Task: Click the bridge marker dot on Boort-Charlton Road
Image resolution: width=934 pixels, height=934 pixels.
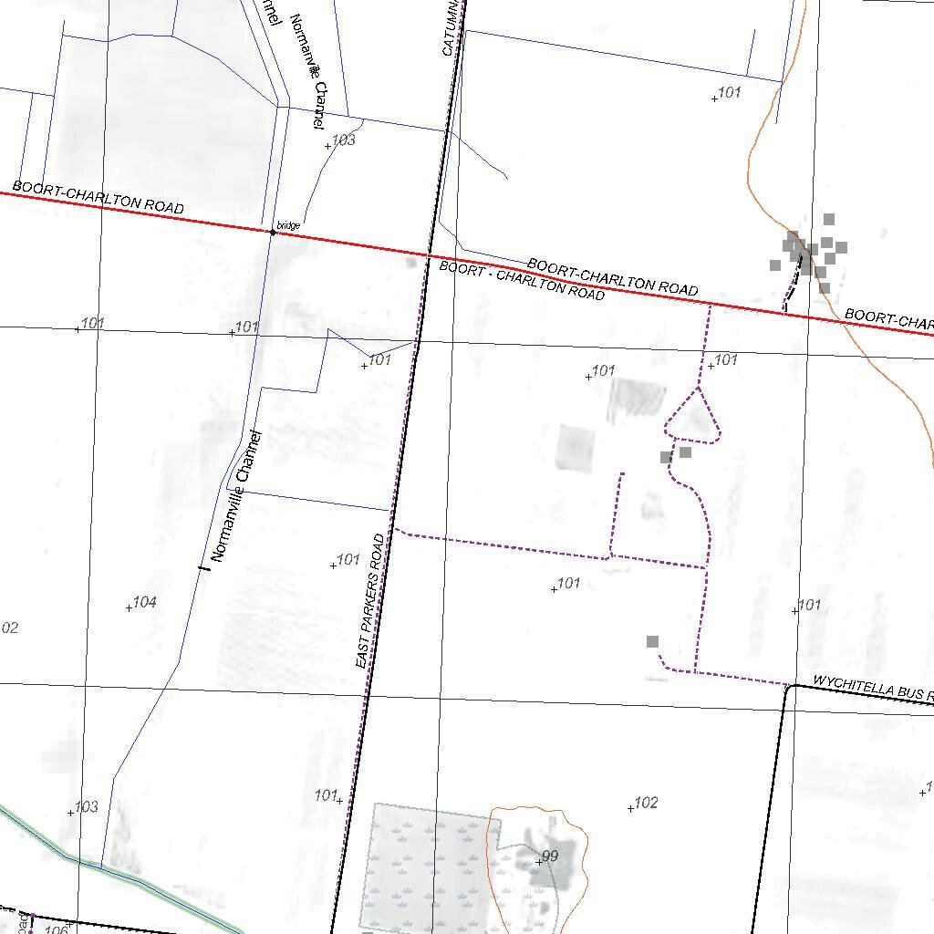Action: [273, 233]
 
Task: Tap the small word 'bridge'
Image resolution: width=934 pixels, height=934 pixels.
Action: [288, 224]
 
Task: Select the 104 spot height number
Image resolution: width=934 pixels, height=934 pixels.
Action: [145, 602]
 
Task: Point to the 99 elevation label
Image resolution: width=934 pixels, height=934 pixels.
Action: [550, 856]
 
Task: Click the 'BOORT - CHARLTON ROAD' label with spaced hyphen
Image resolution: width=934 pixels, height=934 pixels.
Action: [521, 281]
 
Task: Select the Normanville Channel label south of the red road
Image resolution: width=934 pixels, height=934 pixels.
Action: [236, 495]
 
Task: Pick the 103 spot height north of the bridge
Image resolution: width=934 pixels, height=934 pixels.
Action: [344, 140]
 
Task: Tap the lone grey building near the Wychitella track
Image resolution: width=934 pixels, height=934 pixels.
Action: [652, 642]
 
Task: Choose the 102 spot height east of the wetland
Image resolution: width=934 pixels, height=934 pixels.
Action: [646, 803]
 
